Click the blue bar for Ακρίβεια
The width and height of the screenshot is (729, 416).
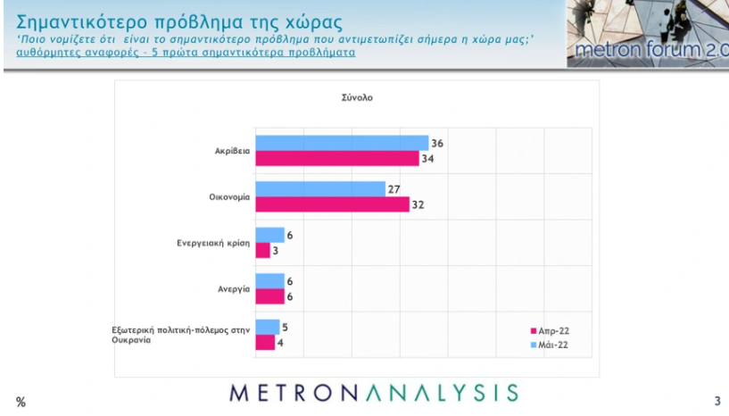click(342, 143)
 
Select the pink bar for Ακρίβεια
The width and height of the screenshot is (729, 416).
click(337, 158)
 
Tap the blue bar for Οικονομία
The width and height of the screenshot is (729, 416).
click(320, 189)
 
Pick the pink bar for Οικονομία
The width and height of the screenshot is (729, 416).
click(332, 204)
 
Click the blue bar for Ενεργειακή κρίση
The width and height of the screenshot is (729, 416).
click(269, 235)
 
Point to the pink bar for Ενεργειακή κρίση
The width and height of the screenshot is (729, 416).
click(262, 250)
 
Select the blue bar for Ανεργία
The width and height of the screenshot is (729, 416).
click(269, 281)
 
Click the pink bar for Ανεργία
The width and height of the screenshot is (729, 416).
click(269, 296)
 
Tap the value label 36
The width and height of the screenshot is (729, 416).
click(437, 143)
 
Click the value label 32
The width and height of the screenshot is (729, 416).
click(418, 204)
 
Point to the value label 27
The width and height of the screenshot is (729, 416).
click(393, 188)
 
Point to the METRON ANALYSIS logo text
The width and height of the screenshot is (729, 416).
click(373, 393)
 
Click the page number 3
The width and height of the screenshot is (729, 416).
click(717, 402)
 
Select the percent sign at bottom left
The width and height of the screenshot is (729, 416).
click(21, 403)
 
